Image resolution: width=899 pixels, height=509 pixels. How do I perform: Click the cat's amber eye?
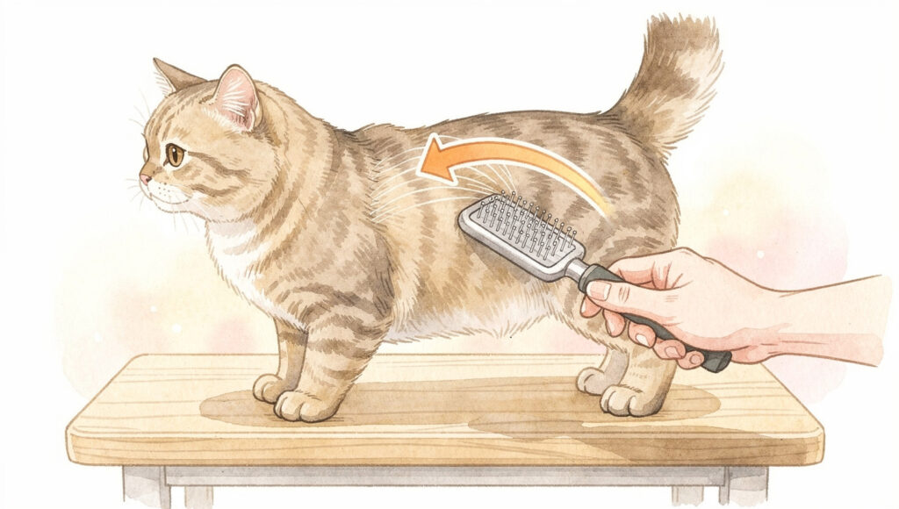[x=175, y=156]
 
